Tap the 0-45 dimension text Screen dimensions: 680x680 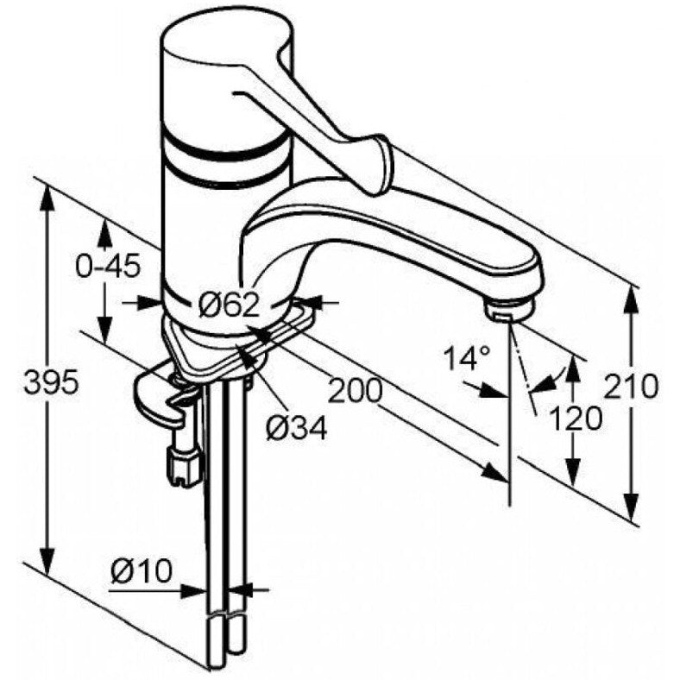(109, 266)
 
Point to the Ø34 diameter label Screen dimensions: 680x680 (296, 429)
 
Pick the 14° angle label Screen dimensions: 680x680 (469, 358)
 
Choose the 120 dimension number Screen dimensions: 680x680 (576, 419)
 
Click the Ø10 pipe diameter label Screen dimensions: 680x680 (142, 570)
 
